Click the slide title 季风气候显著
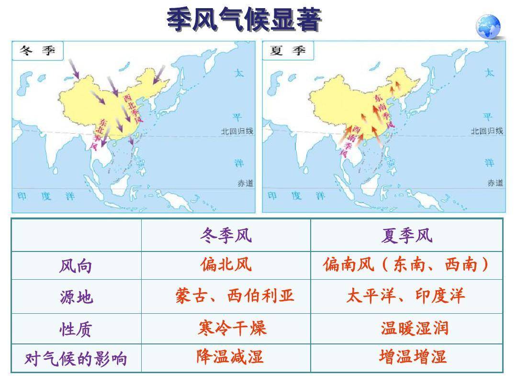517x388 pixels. coord(244,21)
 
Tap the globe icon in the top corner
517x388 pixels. coord(488,26)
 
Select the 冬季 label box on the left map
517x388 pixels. coord(38,50)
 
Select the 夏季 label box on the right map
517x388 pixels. coord(288,50)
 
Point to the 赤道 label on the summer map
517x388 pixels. coord(495,183)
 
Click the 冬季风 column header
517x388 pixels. coord(226,235)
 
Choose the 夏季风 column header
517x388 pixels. coord(406,235)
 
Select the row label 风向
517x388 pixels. coord(76,266)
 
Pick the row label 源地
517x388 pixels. coord(76,297)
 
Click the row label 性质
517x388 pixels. coord(76,329)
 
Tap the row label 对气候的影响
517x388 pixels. coord(76,358)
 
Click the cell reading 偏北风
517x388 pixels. coord(226,264)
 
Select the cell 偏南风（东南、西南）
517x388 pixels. coord(406,264)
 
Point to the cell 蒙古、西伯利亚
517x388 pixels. coord(235,296)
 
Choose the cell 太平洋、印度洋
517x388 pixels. coord(405,296)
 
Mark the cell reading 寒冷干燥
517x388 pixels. coord(232,328)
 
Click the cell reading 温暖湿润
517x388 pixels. coord(414,328)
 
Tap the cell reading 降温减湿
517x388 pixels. coord(230,357)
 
